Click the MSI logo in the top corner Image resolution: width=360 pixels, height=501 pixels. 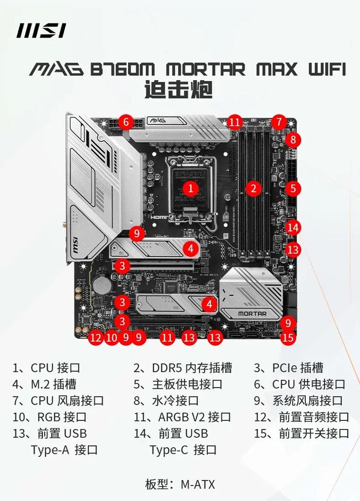click(x=41, y=31)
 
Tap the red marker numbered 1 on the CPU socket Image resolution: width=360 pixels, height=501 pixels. click(x=191, y=188)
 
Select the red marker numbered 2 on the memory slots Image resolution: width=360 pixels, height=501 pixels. click(x=253, y=188)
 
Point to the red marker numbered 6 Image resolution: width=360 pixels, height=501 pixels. click(x=126, y=122)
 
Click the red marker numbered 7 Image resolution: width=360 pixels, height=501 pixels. click(x=278, y=122)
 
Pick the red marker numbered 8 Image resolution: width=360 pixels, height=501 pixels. click(x=293, y=140)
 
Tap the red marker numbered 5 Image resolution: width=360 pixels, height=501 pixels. click(x=293, y=188)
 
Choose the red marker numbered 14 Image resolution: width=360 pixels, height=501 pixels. click(x=293, y=227)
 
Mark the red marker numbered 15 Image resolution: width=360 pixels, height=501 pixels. click(x=288, y=338)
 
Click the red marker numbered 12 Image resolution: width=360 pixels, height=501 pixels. click(x=96, y=338)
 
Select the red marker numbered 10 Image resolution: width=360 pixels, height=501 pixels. click(x=111, y=338)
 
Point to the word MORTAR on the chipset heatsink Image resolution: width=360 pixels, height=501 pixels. click(x=252, y=314)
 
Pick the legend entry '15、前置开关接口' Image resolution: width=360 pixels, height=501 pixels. click(x=301, y=433)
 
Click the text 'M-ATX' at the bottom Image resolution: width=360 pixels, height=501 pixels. click(x=197, y=484)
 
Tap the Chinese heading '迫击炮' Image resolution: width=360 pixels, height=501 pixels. click(x=179, y=89)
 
